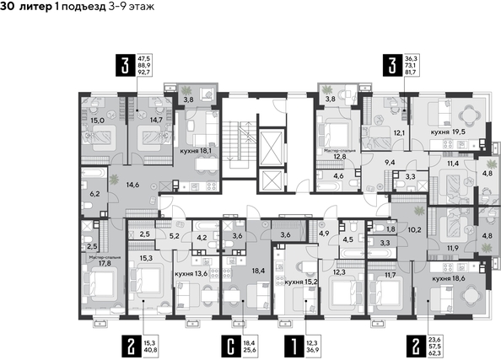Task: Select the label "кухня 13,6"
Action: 191,273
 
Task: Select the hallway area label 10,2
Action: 413,228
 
